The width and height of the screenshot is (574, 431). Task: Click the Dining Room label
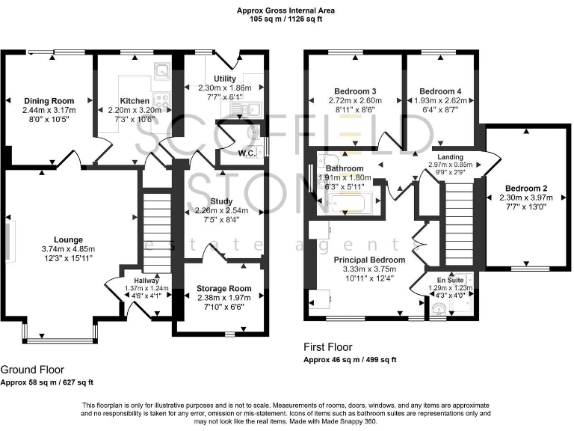46,101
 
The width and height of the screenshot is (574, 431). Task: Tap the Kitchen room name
135,101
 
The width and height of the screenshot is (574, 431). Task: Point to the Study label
221,201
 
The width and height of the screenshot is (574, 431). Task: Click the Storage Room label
221,288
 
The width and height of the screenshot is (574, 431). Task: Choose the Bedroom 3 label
354,91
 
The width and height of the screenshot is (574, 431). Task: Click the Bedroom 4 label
435,91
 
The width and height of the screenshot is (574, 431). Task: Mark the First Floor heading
327,347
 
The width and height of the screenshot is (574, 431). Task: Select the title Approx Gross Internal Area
287,10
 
